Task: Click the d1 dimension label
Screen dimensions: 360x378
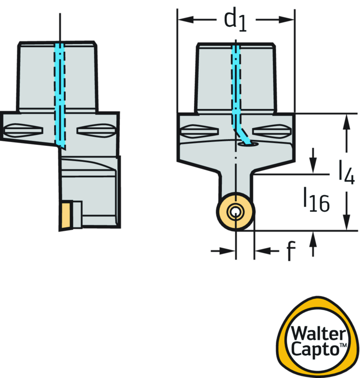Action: (235, 21)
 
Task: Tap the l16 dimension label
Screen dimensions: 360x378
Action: (316, 200)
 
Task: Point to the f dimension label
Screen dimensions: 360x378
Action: (291, 251)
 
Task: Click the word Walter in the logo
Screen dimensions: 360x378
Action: (318, 333)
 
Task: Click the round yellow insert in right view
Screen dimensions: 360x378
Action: (236, 212)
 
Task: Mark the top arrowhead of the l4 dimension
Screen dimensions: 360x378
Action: (346, 122)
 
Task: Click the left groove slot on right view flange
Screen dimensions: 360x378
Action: (199, 131)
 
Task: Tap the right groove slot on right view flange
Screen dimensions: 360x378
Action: (272, 131)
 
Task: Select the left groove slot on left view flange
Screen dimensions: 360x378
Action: (23, 130)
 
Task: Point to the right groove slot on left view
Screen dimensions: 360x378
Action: (96, 131)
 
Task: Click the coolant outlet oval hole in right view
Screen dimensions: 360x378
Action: (248, 144)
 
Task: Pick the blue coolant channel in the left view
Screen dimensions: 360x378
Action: (59, 95)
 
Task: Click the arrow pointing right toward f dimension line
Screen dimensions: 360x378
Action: (223, 251)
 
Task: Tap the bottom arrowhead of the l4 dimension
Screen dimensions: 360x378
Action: (346, 222)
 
